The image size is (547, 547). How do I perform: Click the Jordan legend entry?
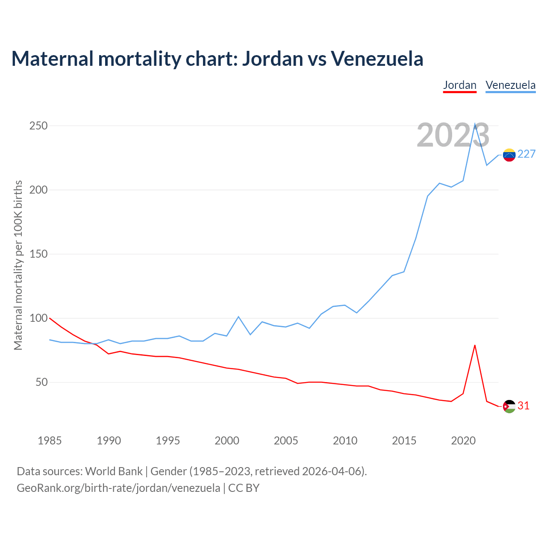[x=459, y=85]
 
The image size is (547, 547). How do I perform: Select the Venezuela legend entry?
[x=510, y=85]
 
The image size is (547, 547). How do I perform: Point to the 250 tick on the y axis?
[x=38, y=126]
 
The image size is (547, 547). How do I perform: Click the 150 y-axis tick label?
[x=38, y=254]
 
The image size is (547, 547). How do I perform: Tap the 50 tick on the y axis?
[x=41, y=382]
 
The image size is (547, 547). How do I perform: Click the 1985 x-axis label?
[x=50, y=441]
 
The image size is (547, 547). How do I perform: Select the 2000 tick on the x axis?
[x=227, y=441]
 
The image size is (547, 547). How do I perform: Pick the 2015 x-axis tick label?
[x=404, y=441]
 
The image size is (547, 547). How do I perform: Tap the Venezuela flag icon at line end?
[x=509, y=155]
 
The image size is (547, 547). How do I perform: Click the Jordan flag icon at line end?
[x=509, y=406]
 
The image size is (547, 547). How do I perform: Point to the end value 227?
[x=526, y=154]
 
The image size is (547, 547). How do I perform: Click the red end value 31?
[x=523, y=406]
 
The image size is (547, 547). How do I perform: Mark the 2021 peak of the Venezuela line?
[x=475, y=124]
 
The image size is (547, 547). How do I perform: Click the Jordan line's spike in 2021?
[x=475, y=345]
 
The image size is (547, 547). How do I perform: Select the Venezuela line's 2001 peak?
[x=238, y=317]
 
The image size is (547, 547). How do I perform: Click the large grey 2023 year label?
[x=453, y=135]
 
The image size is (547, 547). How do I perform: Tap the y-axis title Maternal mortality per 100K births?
[x=18, y=265]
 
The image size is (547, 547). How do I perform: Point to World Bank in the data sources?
[x=114, y=471]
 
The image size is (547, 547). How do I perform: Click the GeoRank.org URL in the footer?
[x=118, y=488]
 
